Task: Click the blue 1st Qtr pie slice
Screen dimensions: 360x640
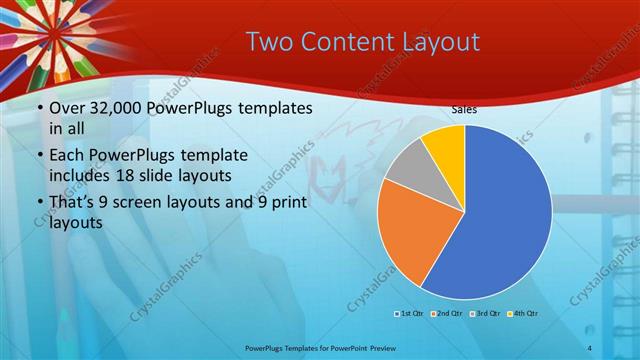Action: [x=505, y=220]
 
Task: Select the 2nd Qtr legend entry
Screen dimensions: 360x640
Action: [x=446, y=314]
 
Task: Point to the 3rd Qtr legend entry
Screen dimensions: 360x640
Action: [x=485, y=314]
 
